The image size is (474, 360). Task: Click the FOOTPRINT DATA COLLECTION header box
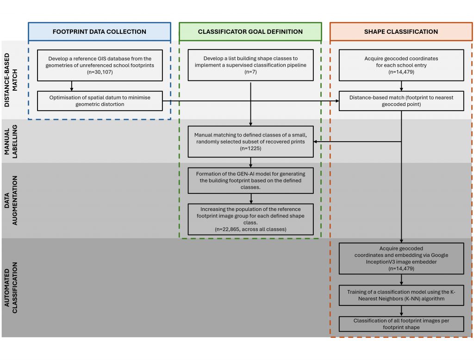tap(100, 32)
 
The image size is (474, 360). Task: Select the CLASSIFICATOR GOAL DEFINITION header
tap(250, 32)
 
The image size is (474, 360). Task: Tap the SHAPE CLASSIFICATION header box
tap(401, 32)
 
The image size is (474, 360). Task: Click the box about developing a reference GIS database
tap(100, 65)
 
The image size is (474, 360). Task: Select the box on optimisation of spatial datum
tap(100, 100)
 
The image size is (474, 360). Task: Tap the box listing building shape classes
tap(250, 65)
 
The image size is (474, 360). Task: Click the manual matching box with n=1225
tap(250, 142)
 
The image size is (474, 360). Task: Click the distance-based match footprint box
tap(401, 100)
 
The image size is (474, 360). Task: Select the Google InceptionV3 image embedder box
tap(401, 258)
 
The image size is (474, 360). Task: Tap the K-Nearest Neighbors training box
tap(401, 296)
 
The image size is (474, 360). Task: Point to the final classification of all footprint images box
tap(401, 323)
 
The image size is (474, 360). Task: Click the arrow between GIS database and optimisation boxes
tap(71, 85)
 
